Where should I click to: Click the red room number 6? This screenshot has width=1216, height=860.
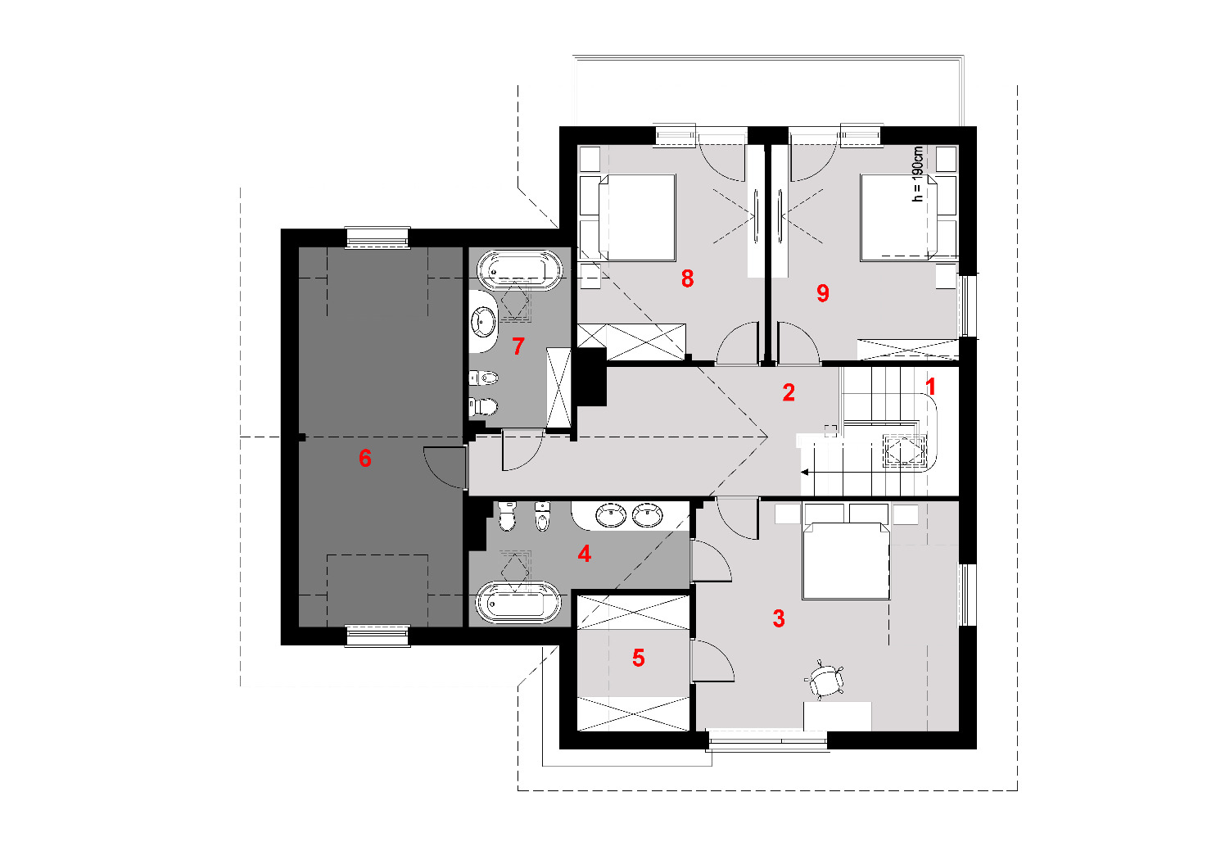pos(365,458)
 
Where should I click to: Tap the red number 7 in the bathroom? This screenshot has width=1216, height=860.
pos(518,346)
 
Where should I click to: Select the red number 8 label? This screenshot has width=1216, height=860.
pos(687,278)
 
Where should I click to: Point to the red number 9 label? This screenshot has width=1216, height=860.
pos(822,293)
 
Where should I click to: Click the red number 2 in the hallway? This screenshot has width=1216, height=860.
pos(789,392)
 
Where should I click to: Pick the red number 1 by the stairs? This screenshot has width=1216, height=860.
pos(930,387)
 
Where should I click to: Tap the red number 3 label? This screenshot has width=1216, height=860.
pos(779,618)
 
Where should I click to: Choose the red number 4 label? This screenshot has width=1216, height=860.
pos(584,554)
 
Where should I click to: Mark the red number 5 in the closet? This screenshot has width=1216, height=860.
pos(639,658)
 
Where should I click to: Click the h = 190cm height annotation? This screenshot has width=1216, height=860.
pos(917,174)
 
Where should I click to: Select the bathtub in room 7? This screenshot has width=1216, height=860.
pos(519,269)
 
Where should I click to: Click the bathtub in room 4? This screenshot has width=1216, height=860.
pos(518,602)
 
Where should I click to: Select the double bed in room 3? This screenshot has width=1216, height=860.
pos(846,560)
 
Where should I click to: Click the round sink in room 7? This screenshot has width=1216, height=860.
pos(484,321)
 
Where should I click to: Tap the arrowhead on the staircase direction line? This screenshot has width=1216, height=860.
pos(805,472)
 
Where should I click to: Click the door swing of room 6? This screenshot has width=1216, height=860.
pos(444,467)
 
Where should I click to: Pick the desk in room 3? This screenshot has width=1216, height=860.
pos(838,716)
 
